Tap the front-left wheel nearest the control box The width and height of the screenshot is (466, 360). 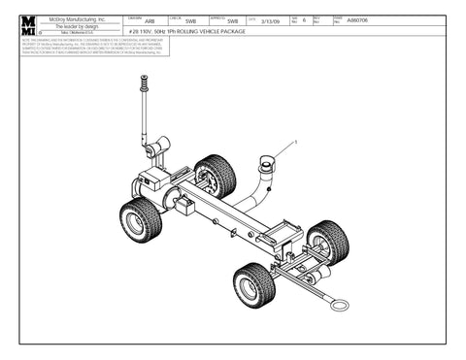pyautogui.click(x=141, y=220)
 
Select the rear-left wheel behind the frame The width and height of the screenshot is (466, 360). pyautogui.click(x=215, y=177)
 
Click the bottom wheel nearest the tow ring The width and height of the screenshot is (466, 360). pyautogui.click(x=254, y=284)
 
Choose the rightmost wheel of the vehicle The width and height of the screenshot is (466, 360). pyautogui.click(x=327, y=242)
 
